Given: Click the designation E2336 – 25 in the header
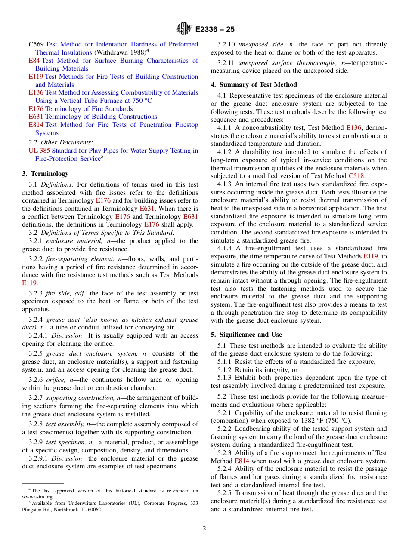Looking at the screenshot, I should (215, 30).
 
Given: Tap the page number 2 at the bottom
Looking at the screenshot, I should (204, 529).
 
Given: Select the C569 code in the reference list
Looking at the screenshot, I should (36, 44).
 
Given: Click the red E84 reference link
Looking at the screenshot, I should (34, 61).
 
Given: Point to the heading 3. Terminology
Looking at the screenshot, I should (45, 174).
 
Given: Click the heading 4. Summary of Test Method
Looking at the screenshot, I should (254, 85).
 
